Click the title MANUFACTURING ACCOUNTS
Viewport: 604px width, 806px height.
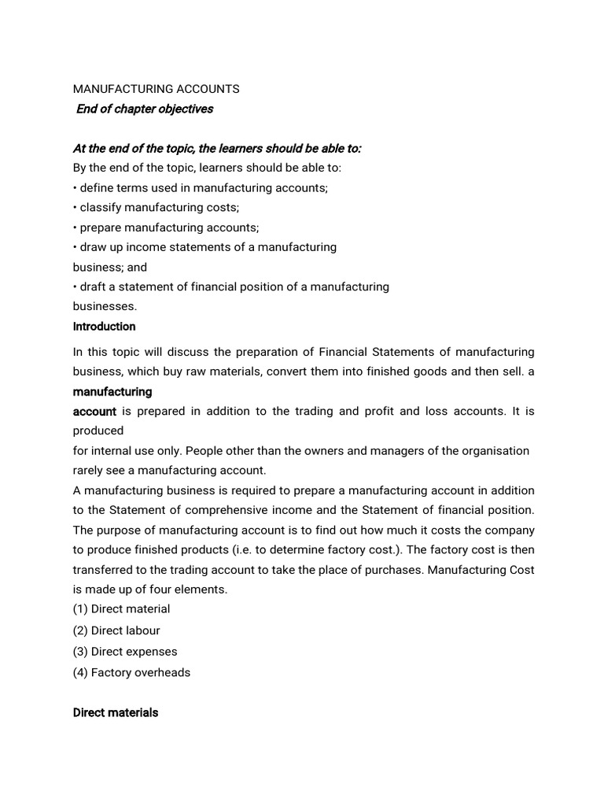pos(156,89)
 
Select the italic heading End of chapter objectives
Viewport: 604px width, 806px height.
pos(145,109)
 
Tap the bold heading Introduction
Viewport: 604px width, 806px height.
pos(104,326)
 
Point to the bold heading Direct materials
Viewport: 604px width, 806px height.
pos(116,712)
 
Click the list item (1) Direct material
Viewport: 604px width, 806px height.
pos(121,608)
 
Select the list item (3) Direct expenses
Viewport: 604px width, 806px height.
pos(125,651)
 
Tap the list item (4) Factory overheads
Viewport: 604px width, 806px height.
pos(131,672)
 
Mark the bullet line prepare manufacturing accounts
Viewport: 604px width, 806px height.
pos(166,227)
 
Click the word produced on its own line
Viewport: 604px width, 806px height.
pos(98,431)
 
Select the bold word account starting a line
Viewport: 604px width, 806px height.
pos(94,411)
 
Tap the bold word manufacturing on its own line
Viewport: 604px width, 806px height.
pos(112,391)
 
